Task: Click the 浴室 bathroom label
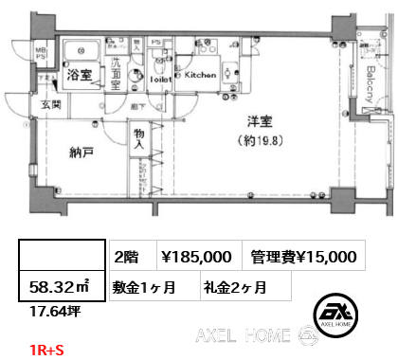point(78,80)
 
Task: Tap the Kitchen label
point(200,74)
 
